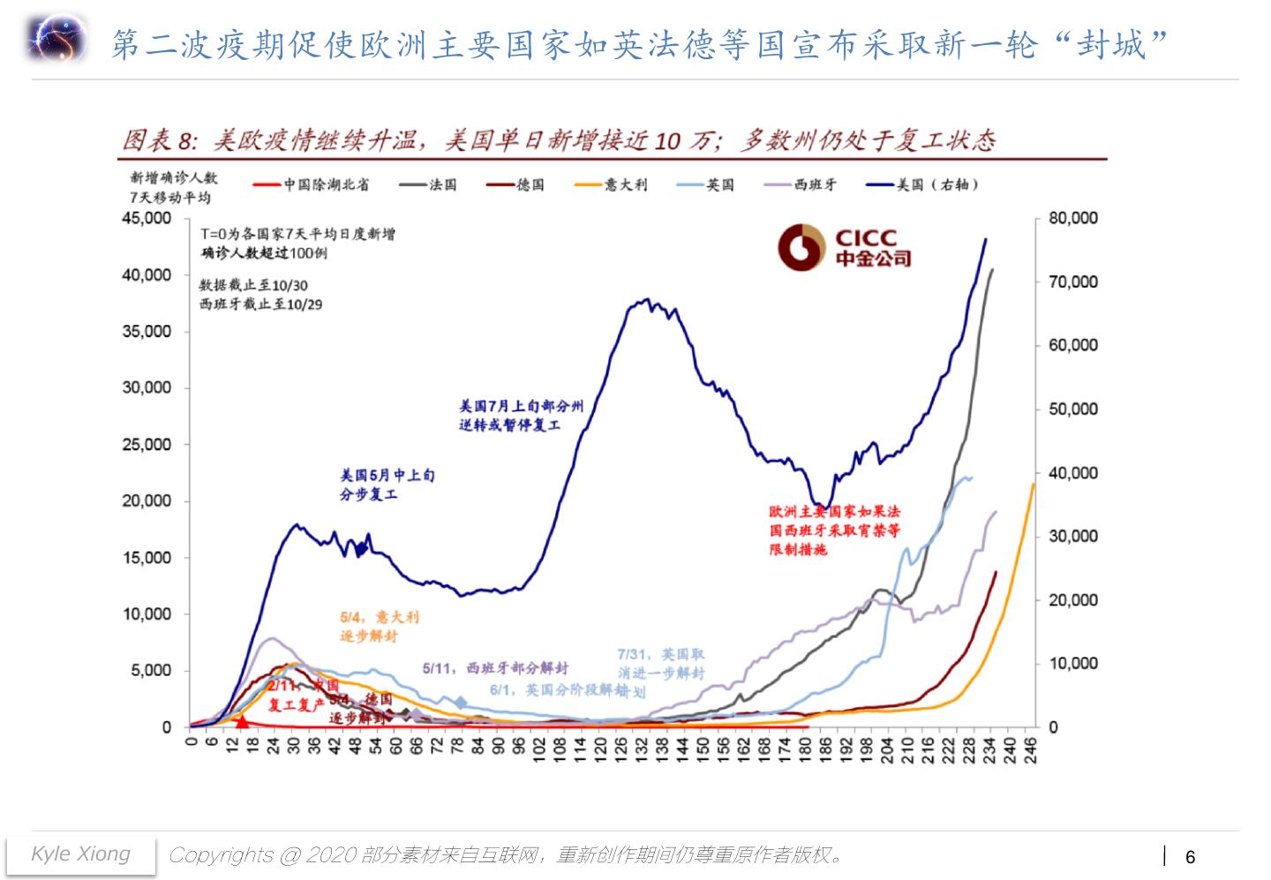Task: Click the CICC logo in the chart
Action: pyautogui.click(x=844, y=248)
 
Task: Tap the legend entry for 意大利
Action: pyautogui.click(x=611, y=184)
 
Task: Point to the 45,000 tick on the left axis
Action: pyautogui.click(x=147, y=218)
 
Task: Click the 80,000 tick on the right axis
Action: pyautogui.click(x=1072, y=218)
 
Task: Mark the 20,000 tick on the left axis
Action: pyautogui.click(x=147, y=500)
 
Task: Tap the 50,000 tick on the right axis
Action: pyautogui.click(x=1072, y=409)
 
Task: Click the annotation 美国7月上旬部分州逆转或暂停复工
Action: pyautogui.click(x=521, y=415)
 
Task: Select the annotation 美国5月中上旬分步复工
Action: pyautogui.click(x=387, y=485)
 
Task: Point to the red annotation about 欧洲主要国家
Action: pyautogui.click(x=834, y=530)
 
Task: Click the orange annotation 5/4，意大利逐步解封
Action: pyautogui.click(x=379, y=626)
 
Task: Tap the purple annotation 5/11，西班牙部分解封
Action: pyautogui.click(x=494, y=668)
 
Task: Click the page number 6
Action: pyautogui.click(x=1190, y=856)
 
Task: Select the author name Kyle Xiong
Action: pyautogui.click(x=80, y=854)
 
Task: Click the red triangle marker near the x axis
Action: pyautogui.click(x=242, y=721)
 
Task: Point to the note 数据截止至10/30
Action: pyautogui.click(x=253, y=285)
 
